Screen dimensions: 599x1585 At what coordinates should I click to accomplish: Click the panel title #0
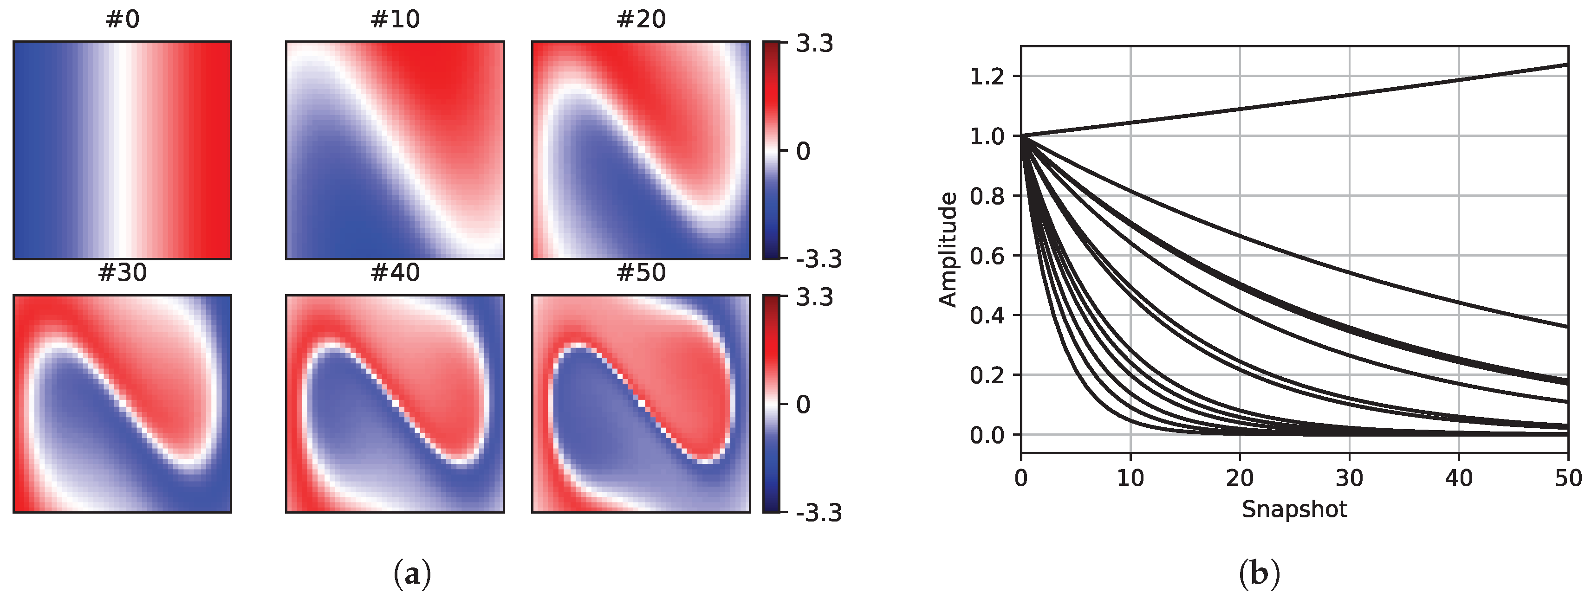click(123, 19)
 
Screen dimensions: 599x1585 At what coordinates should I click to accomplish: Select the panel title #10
click(395, 19)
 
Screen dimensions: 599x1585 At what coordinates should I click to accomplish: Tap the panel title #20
click(641, 19)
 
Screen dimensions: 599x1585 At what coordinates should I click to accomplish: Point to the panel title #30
click(123, 272)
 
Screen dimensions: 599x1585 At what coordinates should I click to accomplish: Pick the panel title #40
click(395, 272)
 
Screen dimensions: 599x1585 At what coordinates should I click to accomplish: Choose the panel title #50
click(641, 272)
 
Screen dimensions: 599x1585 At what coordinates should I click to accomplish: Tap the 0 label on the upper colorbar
click(803, 151)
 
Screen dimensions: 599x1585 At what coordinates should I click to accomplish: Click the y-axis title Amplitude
click(948, 249)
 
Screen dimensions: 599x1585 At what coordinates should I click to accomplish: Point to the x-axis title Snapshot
click(1294, 509)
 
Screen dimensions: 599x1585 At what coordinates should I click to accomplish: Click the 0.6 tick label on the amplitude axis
click(987, 255)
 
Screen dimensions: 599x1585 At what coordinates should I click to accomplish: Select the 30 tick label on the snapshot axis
click(1349, 478)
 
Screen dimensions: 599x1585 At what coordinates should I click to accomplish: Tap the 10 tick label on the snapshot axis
click(1130, 478)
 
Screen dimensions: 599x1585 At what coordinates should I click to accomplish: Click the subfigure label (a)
click(412, 574)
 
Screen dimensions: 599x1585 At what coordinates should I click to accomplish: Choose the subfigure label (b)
click(1259, 574)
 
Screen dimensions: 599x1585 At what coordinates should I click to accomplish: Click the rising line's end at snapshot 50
click(1566, 64)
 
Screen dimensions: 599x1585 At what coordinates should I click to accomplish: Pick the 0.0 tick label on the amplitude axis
click(987, 435)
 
